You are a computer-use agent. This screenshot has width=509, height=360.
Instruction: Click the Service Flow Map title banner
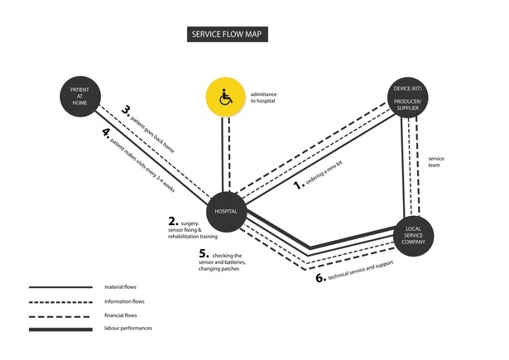tap(229, 35)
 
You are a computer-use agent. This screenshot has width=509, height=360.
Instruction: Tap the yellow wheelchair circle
tap(225, 97)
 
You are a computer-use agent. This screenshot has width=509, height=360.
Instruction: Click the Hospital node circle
tap(226, 212)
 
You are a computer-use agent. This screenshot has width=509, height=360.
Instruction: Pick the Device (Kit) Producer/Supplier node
tap(412, 98)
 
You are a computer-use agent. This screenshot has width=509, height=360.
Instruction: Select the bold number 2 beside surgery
tap(173, 222)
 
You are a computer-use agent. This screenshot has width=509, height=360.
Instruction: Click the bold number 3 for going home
tap(127, 109)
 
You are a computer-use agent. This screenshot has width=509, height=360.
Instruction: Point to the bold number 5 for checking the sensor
tap(204, 254)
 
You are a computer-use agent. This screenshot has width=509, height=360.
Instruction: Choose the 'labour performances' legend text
tap(128, 329)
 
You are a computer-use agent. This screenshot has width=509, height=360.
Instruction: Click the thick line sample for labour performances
tap(60, 329)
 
